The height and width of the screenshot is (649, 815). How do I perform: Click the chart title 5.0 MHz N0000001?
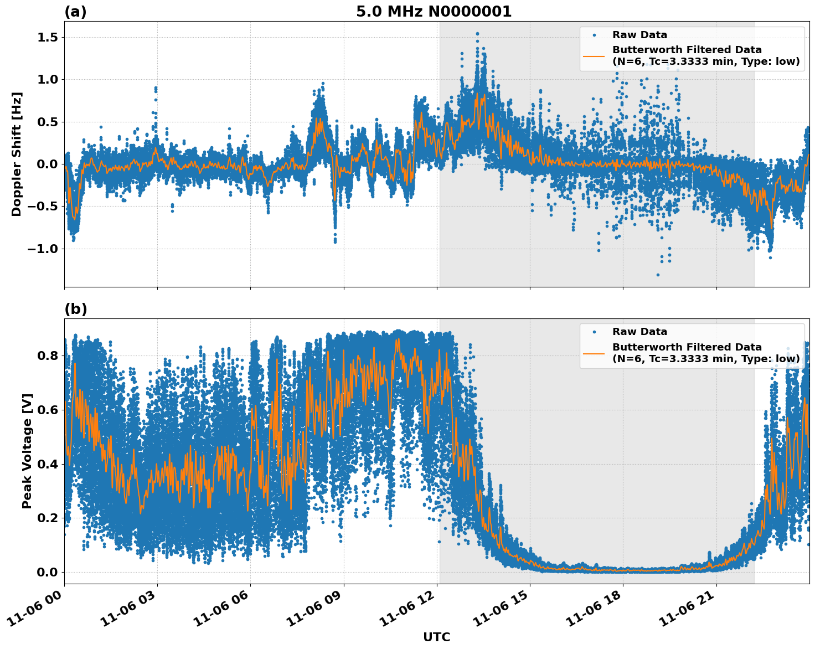point(434,12)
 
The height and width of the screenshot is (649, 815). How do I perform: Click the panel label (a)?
point(75,12)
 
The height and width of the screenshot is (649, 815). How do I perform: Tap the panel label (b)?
point(75,309)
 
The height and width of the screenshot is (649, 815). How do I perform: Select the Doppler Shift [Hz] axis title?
point(17,154)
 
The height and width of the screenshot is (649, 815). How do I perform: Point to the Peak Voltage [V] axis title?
point(27,451)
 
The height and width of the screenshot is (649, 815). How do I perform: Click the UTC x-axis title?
point(436,637)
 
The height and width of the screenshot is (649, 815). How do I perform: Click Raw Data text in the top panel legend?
point(639,35)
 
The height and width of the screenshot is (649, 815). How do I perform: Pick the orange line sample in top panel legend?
point(594,56)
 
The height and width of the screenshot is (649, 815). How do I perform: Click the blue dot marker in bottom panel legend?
point(594,332)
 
